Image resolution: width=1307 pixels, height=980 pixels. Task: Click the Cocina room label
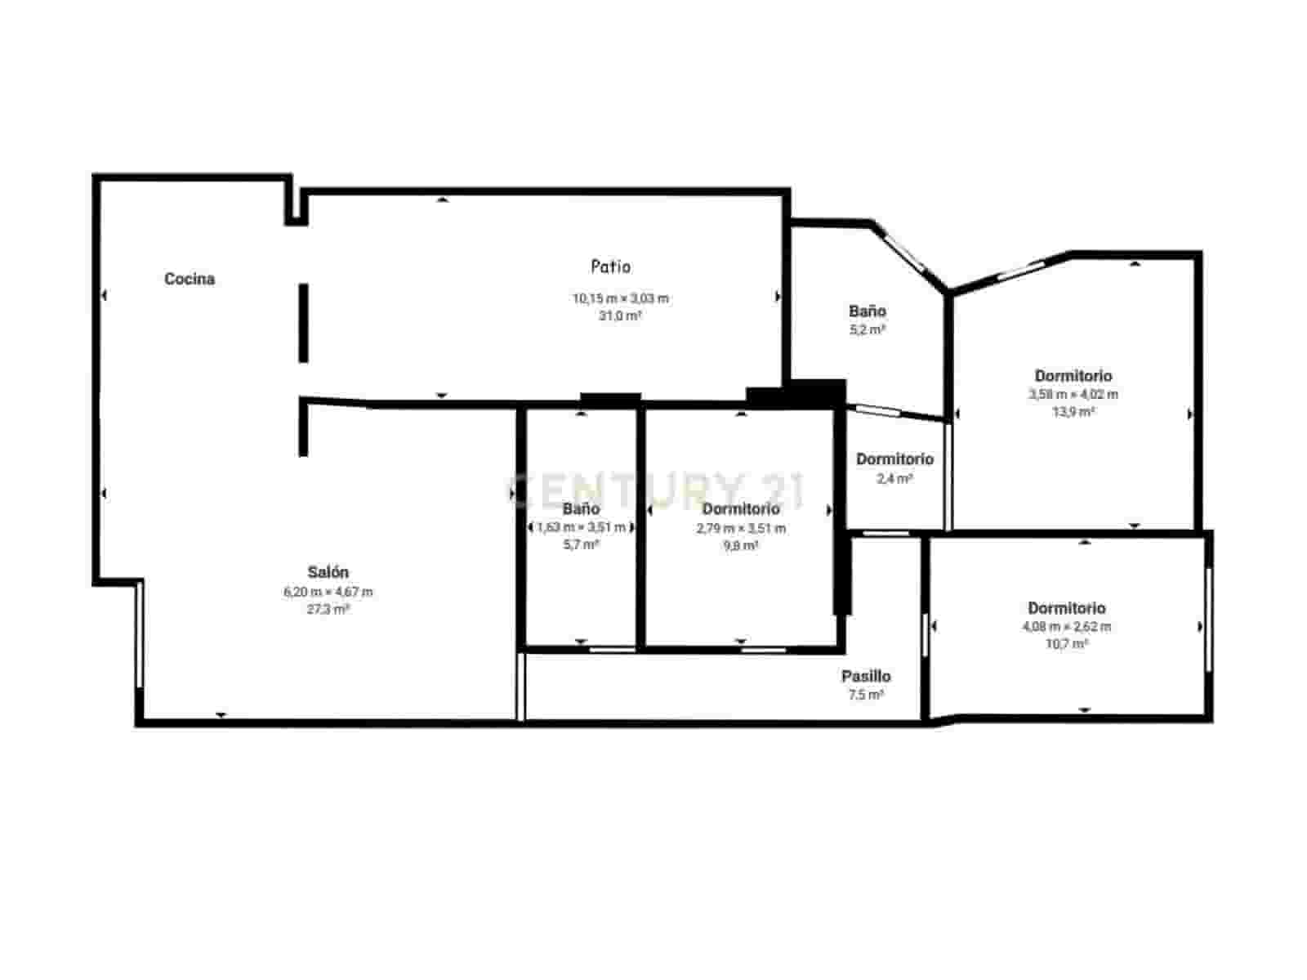pos(190,279)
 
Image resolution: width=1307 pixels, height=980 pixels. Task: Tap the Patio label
pos(610,266)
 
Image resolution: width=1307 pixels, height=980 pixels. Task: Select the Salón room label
pos(328,572)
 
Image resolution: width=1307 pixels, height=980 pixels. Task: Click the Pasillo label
pos(866,676)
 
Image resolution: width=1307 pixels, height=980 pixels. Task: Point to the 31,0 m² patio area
pos(620,315)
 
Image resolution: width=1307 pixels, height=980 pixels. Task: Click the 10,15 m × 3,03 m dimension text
pos(620,298)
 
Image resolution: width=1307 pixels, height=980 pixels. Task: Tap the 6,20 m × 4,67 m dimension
pos(328,592)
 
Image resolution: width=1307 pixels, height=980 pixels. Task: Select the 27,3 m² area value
pos(328,609)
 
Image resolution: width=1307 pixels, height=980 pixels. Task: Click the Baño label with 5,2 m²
pos(867,311)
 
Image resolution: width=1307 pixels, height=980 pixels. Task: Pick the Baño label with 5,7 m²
pos(581,509)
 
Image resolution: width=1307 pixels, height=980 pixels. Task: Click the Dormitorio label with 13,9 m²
pos(1073,376)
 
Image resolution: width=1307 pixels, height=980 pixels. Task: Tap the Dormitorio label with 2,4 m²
pos(894,459)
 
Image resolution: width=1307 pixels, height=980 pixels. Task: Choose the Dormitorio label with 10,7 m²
pos(1066,608)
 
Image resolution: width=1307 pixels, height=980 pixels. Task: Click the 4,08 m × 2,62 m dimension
pos(1066,627)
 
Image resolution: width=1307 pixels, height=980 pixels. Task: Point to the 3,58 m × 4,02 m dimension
pos(1073,394)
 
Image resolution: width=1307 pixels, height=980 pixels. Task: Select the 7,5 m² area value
pos(866,695)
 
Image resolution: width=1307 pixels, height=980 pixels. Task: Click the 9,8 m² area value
pos(740,545)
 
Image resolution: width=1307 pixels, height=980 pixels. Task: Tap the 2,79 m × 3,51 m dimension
pos(740,528)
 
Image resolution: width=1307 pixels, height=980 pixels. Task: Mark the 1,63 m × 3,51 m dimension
pos(581,527)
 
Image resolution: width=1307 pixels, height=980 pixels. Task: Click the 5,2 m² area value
pos(867,329)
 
